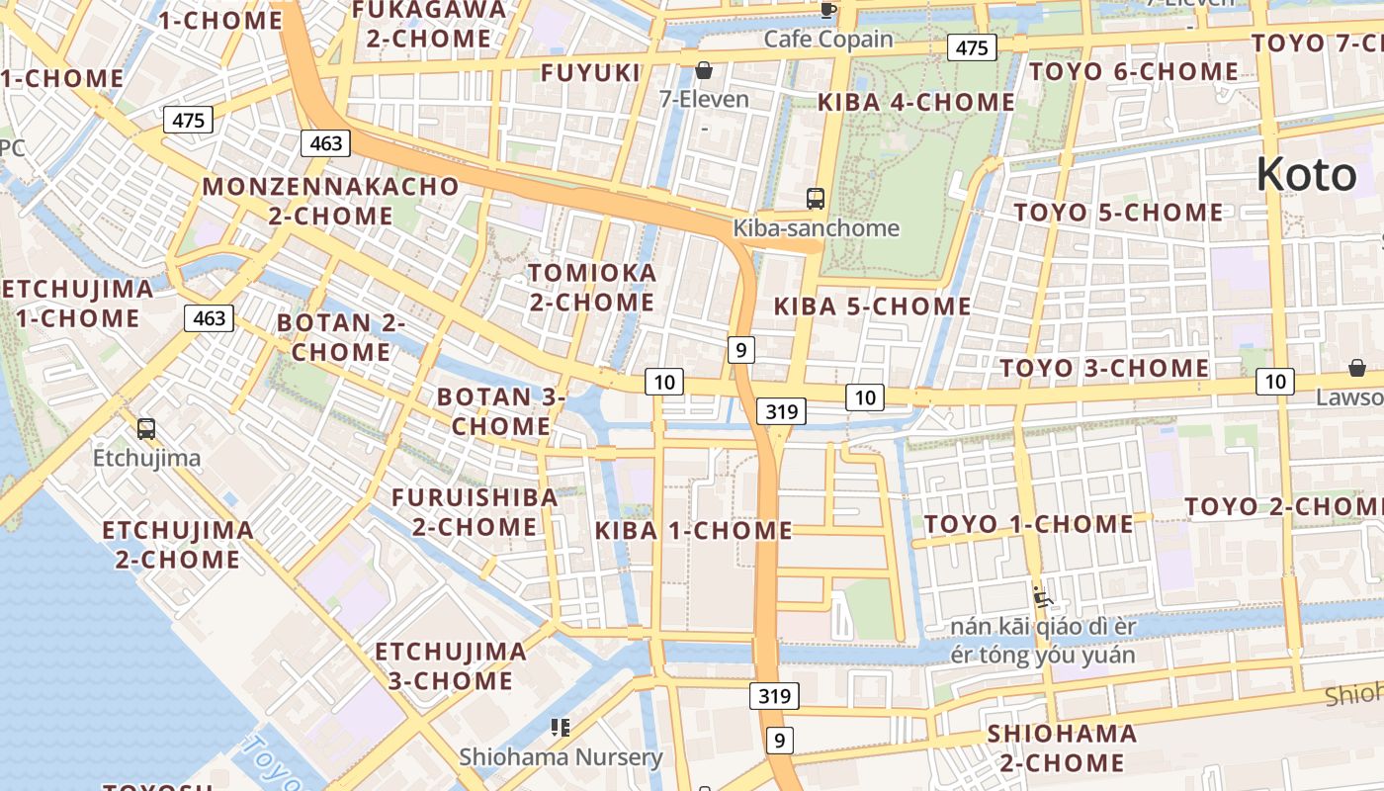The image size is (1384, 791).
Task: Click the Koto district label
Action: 1306,175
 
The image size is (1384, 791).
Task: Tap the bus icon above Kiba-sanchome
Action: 816,199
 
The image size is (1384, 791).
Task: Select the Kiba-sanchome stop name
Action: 816,228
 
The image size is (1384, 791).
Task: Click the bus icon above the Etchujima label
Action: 146,429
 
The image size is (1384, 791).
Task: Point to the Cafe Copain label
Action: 828,40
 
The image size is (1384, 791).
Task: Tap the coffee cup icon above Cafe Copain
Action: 828,10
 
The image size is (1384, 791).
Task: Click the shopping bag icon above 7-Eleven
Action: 704,70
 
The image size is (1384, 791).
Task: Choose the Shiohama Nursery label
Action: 561,757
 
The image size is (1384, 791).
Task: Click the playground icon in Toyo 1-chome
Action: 1042,596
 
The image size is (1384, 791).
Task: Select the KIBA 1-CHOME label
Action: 693,531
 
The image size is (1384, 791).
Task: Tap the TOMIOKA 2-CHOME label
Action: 591,287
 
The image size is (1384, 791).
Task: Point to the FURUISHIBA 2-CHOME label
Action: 475,511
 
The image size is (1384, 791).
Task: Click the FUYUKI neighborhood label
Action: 591,72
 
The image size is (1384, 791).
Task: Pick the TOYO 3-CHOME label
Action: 1103,369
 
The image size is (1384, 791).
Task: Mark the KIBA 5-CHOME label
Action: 872,307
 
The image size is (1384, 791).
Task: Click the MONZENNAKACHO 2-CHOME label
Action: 330,201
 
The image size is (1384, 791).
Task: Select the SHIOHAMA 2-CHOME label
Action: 1062,747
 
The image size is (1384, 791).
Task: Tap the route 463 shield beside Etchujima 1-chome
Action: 209,318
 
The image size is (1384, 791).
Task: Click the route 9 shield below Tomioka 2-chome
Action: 741,349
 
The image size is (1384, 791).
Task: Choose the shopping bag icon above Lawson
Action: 1357,368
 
